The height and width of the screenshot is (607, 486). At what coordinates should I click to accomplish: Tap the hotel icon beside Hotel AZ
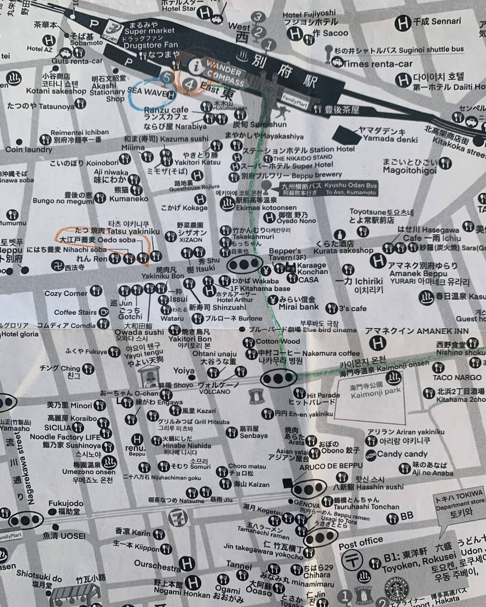49,40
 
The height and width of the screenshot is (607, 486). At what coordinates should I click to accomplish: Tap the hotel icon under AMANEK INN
378,344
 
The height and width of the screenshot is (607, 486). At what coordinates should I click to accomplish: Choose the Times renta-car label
377,64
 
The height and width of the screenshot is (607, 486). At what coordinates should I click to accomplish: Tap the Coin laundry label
29,149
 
